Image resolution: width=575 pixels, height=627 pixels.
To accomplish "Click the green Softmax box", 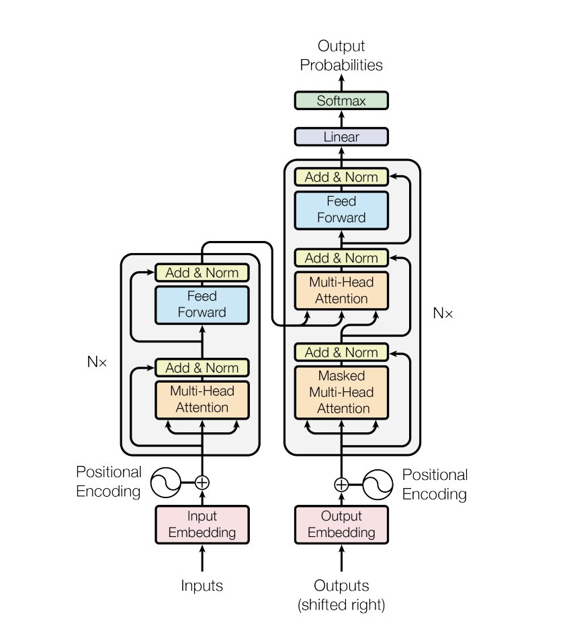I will [341, 101].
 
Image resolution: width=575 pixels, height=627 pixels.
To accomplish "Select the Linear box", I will [341, 137].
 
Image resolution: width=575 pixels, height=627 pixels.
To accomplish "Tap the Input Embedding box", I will [202, 524].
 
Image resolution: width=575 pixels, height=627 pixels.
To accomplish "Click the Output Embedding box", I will [341, 524].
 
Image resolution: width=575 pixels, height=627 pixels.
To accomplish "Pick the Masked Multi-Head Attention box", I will [341, 392].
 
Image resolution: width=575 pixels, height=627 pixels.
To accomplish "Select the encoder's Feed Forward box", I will [202, 304].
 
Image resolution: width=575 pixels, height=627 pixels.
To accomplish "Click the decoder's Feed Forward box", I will [341, 209].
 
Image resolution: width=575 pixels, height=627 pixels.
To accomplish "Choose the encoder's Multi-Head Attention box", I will [202, 399].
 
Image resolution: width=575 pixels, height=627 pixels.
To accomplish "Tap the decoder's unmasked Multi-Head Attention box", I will [341, 290].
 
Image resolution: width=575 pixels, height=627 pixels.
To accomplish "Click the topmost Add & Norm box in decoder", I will [341, 177].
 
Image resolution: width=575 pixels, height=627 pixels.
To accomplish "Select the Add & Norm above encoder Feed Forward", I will [202, 273].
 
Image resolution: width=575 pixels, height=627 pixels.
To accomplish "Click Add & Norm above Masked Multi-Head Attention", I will [341, 352].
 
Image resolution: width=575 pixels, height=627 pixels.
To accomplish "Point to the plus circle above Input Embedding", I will [202, 482].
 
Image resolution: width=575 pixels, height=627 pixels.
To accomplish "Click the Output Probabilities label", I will [341, 56].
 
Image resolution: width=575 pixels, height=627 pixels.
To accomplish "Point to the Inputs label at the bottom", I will [202, 585].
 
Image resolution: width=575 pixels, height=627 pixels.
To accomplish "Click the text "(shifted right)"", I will [341, 605].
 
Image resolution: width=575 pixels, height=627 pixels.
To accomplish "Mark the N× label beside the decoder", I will [443, 313].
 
